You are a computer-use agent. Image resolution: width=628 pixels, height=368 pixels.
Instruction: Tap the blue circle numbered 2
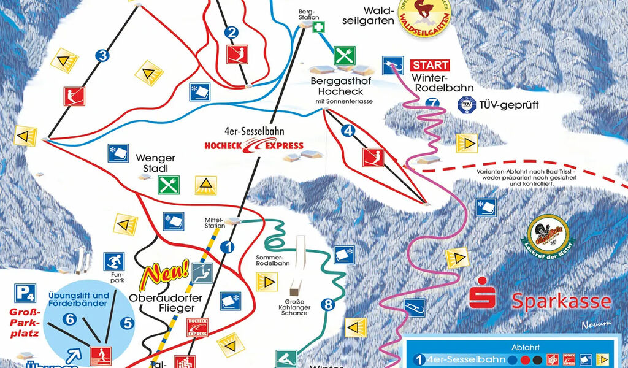231,33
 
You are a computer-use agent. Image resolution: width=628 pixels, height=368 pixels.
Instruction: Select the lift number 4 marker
349,130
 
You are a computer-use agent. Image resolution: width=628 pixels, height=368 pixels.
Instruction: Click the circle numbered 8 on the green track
328,304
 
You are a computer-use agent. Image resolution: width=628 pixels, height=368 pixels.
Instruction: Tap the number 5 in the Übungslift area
127,322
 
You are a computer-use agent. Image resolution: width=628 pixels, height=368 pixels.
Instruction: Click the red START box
430,64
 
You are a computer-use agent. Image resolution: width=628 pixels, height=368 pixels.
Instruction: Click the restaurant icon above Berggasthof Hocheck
345,55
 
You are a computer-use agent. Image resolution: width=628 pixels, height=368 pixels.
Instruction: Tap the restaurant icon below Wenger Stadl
168,184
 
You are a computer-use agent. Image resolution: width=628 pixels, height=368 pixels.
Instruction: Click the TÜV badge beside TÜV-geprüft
467,105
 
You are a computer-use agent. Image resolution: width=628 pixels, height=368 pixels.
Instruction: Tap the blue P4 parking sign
26,293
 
